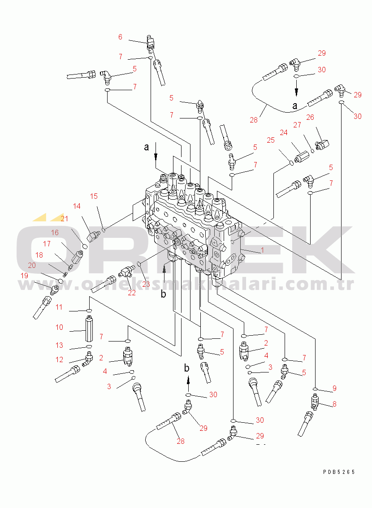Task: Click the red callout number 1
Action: point(262,250)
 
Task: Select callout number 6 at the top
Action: point(120,37)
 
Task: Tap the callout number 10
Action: point(59,327)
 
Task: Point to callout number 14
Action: point(77,206)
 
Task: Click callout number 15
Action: point(94,196)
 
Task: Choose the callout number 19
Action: point(25,276)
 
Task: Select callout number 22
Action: point(132,293)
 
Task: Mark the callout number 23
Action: point(146,284)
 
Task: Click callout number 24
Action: point(284,132)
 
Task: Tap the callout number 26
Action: point(310,117)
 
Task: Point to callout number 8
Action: point(334,404)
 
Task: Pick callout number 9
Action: point(334,389)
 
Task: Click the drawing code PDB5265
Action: point(339,472)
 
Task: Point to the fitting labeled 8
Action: point(315,402)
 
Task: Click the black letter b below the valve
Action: point(163,294)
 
